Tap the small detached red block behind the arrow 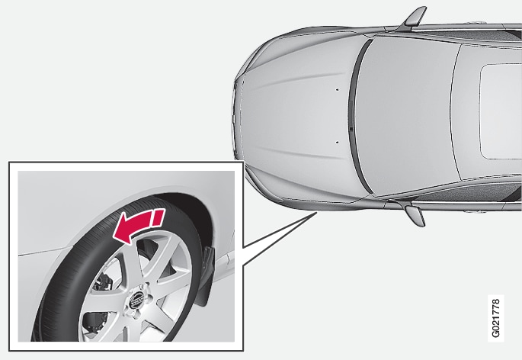[x=159, y=217]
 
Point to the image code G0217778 [x=495, y=318]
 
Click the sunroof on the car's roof [x=500, y=111]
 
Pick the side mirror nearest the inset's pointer [x=415, y=214]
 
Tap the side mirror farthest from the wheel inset [x=414, y=18]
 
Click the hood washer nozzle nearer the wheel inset [x=337, y=142]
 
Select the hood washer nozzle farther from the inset [x=337, y=89]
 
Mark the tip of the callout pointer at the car [x=317, y=211]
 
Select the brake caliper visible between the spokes [x=103, y=283]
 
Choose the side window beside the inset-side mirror [x=466, y=193]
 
